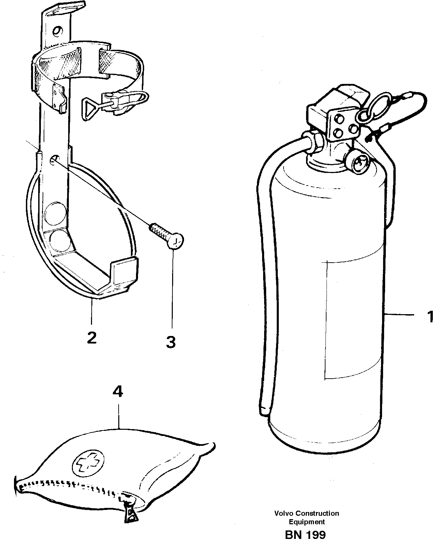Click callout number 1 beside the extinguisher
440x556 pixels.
[430, 317]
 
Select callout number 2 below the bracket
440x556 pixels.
[91, 337]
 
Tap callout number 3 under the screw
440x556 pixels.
[171, 342]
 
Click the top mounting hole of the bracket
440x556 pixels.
[58, 30]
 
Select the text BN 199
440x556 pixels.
[305, 535]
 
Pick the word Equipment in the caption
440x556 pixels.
[307, 522]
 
